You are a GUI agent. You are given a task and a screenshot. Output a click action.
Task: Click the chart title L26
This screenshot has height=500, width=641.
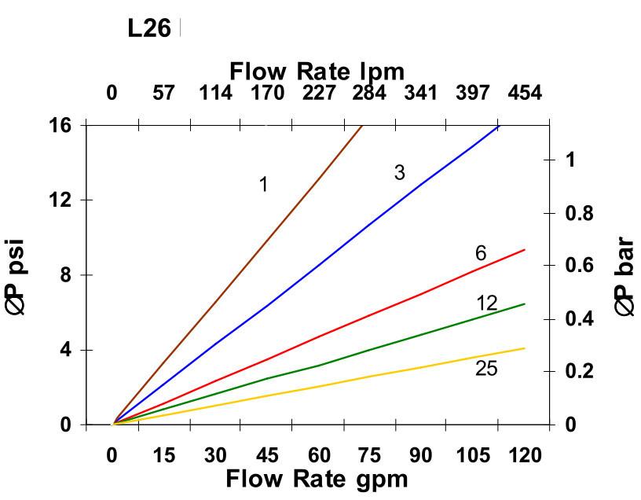(149, 29)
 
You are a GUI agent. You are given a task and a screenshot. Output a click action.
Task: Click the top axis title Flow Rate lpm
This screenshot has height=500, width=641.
(317, 72)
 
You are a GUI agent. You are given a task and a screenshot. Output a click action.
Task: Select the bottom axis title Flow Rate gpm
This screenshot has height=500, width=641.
(317, 479)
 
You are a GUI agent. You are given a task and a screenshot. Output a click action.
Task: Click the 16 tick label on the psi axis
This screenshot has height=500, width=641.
(61, 125)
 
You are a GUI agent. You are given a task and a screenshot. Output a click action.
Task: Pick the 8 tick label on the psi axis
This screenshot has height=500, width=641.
(66, 275)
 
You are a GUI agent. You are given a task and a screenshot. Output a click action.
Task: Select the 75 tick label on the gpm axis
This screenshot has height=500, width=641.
(369, 456)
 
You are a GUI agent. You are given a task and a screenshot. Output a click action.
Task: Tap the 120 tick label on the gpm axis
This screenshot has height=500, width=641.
(524, 456)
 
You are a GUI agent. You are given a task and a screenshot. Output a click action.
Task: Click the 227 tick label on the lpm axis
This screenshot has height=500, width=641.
(318, 94)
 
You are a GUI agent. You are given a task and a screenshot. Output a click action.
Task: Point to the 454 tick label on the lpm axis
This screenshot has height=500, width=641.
(524, 94)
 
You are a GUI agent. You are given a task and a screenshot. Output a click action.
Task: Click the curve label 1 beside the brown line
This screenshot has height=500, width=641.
(264, 185)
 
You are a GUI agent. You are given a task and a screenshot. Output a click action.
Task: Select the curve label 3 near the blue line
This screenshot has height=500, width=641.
(399, 173)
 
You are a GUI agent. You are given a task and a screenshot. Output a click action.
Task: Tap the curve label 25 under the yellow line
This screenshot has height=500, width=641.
(486, 368)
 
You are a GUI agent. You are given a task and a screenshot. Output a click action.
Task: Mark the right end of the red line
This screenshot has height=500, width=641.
(524, 249)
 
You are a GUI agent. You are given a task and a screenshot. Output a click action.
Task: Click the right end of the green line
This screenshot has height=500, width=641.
(524, 303)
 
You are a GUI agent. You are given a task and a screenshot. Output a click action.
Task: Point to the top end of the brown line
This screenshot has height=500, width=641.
(361, 126)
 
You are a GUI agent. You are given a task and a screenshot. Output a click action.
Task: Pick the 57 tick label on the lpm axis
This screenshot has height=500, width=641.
(163, 94)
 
